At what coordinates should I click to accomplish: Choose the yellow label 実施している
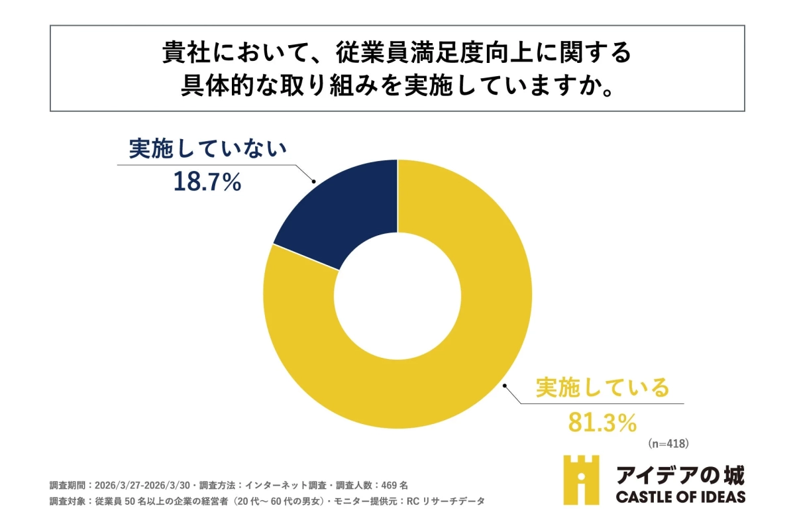(602, 388)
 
